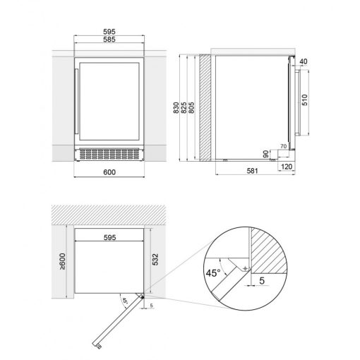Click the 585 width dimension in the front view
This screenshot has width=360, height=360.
click(x=109, y=40)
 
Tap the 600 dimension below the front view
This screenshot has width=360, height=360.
click(x=109, y=172)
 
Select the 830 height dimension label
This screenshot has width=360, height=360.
click(x=176, y=108)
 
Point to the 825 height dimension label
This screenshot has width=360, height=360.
click(x=184, y=108)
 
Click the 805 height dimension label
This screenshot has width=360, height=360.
click(x=191, y=108)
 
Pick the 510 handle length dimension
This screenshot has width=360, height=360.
click(x=304, y=100)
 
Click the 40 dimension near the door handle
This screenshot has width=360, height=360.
click(x=304, y=61)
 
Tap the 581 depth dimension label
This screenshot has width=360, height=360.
click(x=253, y=171)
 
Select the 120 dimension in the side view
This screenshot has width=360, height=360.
click(x=287, y=167)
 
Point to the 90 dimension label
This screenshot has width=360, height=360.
click(x=266, y=155)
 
